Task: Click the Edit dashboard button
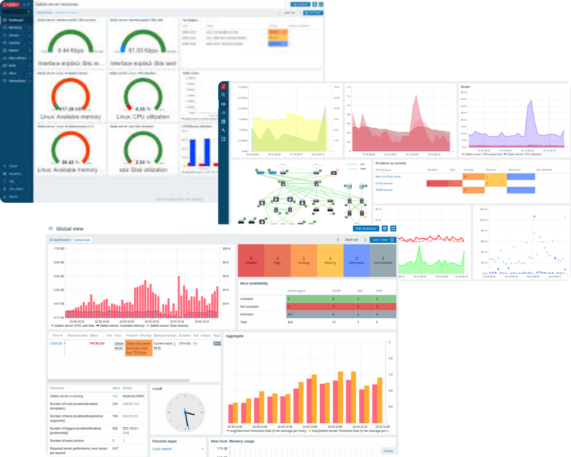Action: (365, 228)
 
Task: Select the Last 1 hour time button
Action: (383, 240)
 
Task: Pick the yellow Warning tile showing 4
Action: (330, 260)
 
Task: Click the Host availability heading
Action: (255, 283)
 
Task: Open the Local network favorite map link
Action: (162, 449)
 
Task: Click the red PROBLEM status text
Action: (97, 343)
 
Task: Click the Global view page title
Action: (73, 228)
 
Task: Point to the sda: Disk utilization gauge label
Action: (143, 170)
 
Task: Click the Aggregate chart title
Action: (235, 336)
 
